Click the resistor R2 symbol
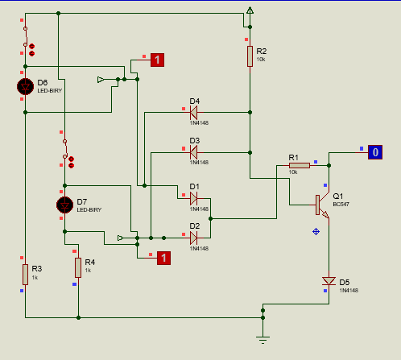click(x=250, y=56)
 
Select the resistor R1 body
click(x=300, y=166)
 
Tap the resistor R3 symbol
click(x=25, y=275)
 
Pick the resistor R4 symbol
click(x=78, y=267)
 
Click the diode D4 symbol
click(x=193, y=113)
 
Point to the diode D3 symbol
click(x=193, y=152)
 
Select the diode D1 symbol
click(x=193, y=199)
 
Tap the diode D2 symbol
click(x=193, y=238)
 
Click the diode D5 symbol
click(x=329, y=281)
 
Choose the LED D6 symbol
click(x=25, y=86)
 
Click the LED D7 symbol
click(x=64, y=205)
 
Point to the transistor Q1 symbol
click(x=322, y=205)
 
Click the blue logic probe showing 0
click(x=375, y=152)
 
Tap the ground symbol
click(x=263, y=340)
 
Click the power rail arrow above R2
click(x=250, y=10)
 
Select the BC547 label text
click(x=341, y=205)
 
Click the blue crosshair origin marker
click(x=316, y=232)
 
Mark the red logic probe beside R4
click(x=163, y=258)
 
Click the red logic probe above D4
click(x=157, y=60)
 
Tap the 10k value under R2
click(x=261, y=60)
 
